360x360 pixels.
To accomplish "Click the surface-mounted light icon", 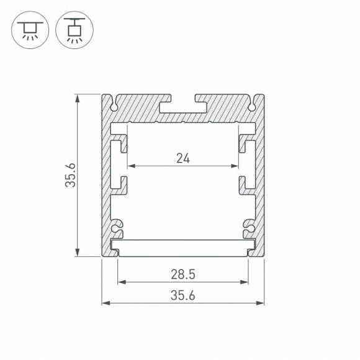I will point(29,29).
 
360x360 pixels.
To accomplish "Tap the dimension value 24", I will point(182,158).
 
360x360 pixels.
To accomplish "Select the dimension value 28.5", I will point(183,274).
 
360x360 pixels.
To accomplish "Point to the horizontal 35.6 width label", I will point(183,295).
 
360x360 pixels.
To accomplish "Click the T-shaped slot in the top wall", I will point(183,106).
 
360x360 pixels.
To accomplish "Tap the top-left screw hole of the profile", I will point(115,106).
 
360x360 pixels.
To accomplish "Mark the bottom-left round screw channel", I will point(116,228).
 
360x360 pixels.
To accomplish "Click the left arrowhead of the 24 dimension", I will point(131,166).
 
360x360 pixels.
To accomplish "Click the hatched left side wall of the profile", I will point(106,180).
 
